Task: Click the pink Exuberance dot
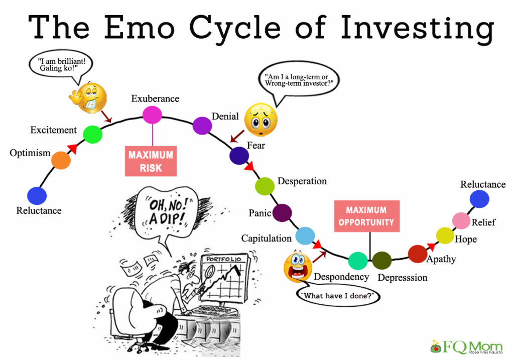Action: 152,115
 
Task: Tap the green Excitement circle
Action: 93,135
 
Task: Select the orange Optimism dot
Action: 61,160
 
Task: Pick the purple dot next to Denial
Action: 202,126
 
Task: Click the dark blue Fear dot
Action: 239,156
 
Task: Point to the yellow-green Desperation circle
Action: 265,186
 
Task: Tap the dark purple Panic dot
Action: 282,212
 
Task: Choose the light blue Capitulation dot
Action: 305,236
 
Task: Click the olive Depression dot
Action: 382,261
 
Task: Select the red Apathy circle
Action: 418,254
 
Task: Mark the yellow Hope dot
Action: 445,235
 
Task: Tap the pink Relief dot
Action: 461,220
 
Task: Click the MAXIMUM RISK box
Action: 151,161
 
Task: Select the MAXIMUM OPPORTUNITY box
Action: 367,216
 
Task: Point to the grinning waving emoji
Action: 88,98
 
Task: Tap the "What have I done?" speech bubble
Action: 338,295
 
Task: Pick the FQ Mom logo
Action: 466,347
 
